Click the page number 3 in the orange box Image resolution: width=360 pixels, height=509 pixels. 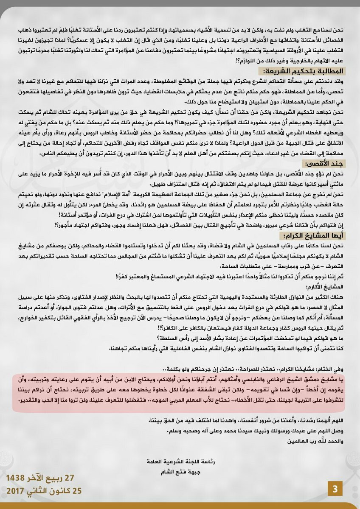(335, 489)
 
